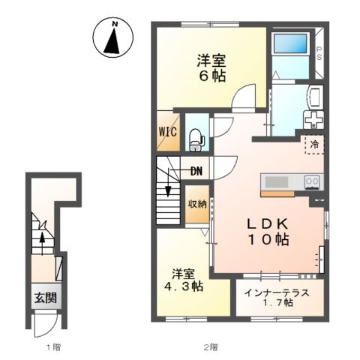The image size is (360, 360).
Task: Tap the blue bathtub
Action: (290, 43)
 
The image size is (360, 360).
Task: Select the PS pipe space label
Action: (319, 53)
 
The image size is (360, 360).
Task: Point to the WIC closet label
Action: (168, 132)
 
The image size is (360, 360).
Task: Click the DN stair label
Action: (197, 171)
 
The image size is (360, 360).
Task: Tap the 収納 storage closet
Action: (198, 204)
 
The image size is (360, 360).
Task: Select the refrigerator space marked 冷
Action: (314, 144)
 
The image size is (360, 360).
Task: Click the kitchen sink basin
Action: (277, 182)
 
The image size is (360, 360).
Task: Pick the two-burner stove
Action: (312, 182)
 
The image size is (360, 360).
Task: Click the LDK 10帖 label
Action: (268, 232)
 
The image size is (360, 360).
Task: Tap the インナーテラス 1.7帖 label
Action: (277, 298)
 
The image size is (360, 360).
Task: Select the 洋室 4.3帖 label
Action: (184, 280)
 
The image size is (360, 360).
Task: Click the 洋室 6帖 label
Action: (211, 68)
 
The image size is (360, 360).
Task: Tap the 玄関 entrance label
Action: (46, 298)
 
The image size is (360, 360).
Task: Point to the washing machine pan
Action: (313, 119)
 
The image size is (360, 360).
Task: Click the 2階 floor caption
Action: (211, 347)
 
